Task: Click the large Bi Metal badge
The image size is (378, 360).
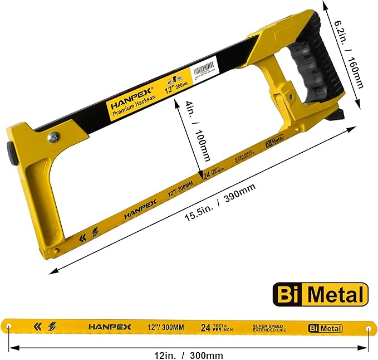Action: click(x=320, y=294)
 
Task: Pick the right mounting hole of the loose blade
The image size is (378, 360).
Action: click(x=368, y=329)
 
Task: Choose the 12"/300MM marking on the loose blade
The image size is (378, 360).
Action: click(x=168, y=327)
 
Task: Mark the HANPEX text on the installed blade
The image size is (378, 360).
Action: click(x=137, y=210)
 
